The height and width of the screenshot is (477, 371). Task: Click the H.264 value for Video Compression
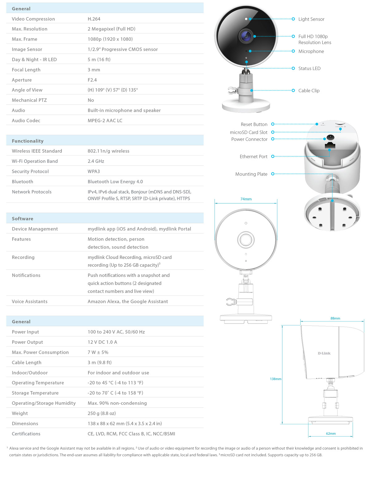pos(94,19)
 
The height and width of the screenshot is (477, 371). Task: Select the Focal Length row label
pos(26,70)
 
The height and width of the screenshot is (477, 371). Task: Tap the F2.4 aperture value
pos(92,80)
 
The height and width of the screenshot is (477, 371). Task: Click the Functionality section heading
pos(28,141)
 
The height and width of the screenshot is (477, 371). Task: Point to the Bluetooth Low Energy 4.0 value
pos(115,181)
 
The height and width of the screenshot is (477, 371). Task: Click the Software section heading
pos(22,218)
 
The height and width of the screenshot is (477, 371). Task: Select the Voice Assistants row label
pos(30,301)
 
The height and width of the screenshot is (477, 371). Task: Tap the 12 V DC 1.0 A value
pos(102,342)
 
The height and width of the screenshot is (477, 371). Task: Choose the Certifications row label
pos(26,433)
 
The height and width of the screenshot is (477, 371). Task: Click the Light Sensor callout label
pos(311,19)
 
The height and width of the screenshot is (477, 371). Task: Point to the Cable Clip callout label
pos(309,90)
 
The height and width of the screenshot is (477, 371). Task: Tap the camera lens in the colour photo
pos(246,36)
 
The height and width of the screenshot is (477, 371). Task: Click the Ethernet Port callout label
pos(253,156)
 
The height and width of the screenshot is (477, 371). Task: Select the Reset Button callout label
pos(254,124)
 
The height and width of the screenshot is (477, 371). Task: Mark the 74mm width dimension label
pos(246,199)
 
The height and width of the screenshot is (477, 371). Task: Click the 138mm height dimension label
pos(275,379)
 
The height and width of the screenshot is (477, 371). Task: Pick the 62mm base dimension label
pos(330,433)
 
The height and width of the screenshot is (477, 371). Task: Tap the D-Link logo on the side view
pos(324,353)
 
